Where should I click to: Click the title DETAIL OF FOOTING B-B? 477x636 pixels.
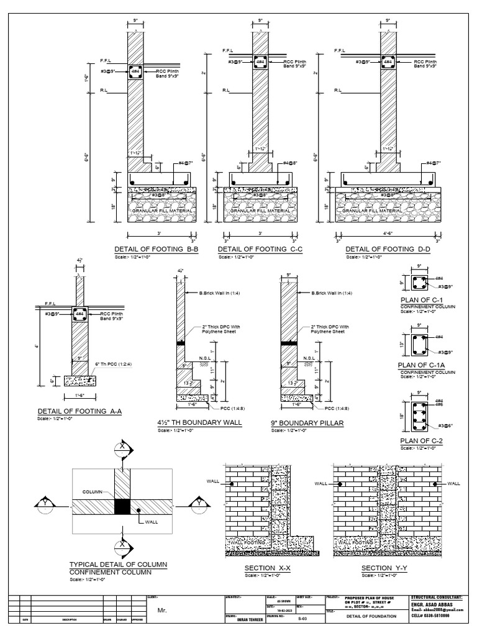(x=155, y=249)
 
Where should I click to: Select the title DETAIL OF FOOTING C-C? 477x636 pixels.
(x=259, y=249)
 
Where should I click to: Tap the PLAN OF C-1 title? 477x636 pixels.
(x=420, y=301)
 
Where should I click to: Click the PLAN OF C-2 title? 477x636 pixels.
(x=420, y=440)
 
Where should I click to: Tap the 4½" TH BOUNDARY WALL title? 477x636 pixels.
(x=199, y=423)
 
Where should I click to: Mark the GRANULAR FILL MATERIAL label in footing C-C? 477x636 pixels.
(x=259, y=211)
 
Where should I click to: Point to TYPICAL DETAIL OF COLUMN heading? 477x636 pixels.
(x=119, y=564)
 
